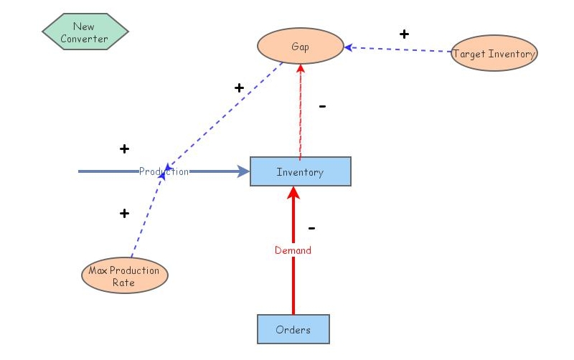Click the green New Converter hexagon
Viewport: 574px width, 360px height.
(85, 32)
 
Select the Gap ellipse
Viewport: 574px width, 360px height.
(300, 47)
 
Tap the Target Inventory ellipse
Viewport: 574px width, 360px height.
(494, 54)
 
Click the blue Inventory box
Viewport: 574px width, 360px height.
(300, 172)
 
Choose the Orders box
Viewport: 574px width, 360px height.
(293, 330)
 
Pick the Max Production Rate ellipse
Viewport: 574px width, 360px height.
(125, 276)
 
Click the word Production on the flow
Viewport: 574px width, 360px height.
(164, 171)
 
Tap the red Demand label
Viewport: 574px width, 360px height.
(293, 250)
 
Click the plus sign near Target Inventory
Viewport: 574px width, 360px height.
(404, 34)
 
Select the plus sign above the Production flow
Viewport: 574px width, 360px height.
(124, 149)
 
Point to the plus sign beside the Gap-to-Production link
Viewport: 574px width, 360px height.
(239, 87)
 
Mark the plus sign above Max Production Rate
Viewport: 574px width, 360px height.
(124, 213)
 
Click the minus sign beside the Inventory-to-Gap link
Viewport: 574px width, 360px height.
(322, 107)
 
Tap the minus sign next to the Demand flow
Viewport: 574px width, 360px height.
(311, 229)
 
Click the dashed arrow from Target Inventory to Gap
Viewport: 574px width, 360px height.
(398, 49)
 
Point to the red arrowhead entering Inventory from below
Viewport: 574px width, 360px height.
(293, 192)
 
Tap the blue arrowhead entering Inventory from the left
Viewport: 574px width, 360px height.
(243, 171)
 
